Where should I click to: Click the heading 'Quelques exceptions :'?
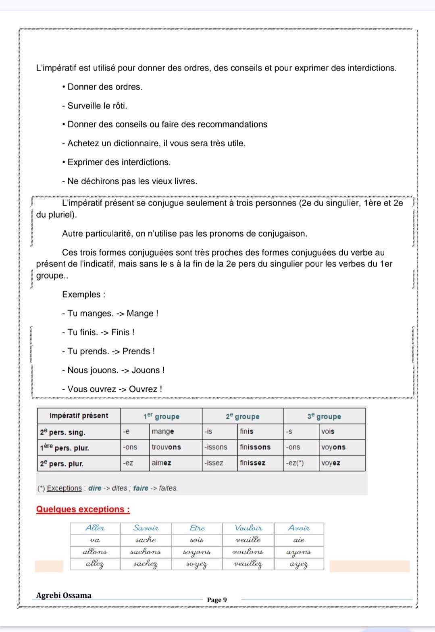[83, 509]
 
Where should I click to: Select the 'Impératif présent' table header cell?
[79, 416]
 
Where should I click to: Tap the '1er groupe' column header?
[161, 416]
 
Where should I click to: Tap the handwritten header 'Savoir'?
[146, 528]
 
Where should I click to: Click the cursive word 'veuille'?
[248, 540]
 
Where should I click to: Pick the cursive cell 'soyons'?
[197, 552]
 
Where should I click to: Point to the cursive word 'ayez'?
[299, 564]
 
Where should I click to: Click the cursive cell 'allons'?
[95, 552]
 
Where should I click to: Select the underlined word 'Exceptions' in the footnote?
[65, 488]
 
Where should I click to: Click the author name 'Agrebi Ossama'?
[64, 595]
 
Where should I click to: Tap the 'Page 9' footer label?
[217, 600]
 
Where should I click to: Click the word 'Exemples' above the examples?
[81, 295]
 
